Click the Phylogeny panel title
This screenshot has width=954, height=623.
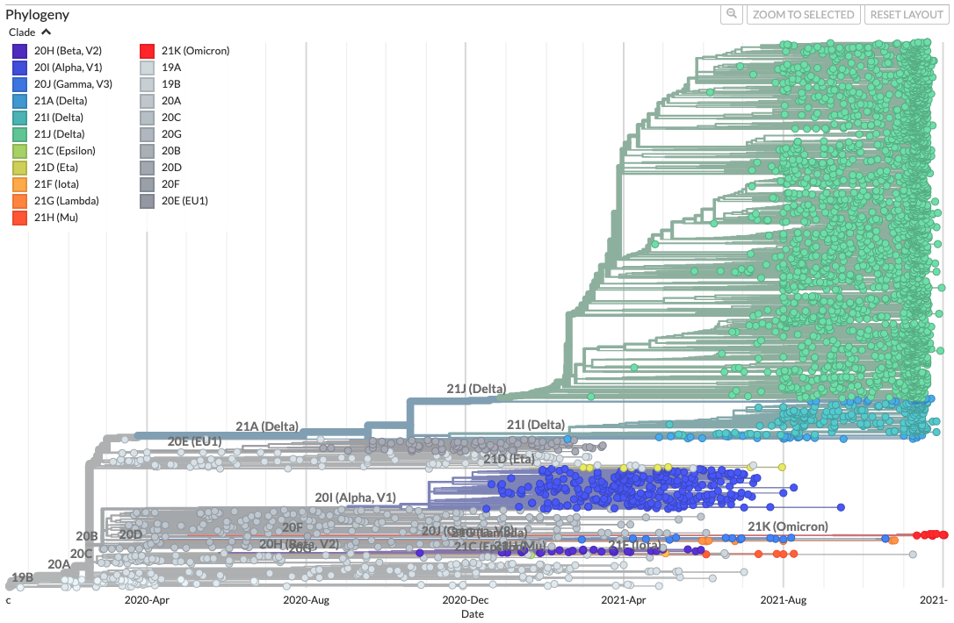pyautogui.click(x=38, y=15)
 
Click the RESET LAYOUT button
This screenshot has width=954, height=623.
pyautogui.click(x=906, y=15)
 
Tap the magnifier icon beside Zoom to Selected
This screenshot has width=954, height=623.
pyautogui.click(x=731, y=15)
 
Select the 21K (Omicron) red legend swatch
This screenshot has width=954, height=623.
pyautogui.click(x=148, y=51)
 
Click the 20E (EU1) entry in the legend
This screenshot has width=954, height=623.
pyautogui.click(x=184, y=201)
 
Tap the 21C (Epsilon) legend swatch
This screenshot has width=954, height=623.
pyautogui.click(x=20, y=151)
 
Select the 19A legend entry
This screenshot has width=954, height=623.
pyautogui.click(x=170, y=68)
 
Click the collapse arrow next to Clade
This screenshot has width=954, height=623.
pyautogui.click(x=46, y=32)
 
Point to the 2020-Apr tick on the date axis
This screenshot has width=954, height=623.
pyautogui.click(x=147, y=600)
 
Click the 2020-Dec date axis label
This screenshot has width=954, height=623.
pyautogui.click(x=466, y=600)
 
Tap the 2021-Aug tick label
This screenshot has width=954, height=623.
pyautogui.click(x=784, y=600)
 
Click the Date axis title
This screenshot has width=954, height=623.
pyautogui.click(x=473, y=614)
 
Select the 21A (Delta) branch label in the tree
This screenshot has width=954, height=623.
pyautogui.click(x=267, y=426)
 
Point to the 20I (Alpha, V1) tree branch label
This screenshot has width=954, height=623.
pyautogui.click(x=355, y=498)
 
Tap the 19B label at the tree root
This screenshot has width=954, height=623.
pyautogui.click(x=22, y=577)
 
